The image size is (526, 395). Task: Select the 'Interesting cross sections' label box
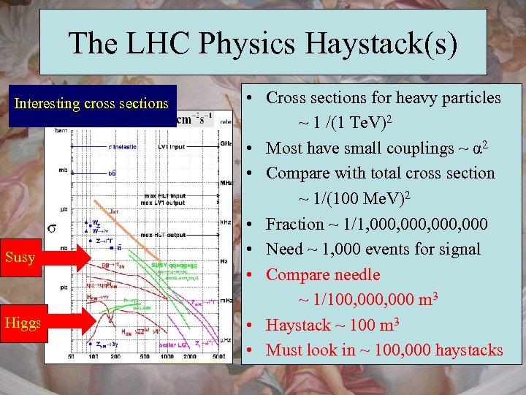point(92,104)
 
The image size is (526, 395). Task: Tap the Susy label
point(20,257)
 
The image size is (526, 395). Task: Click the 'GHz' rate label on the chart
point(226,144)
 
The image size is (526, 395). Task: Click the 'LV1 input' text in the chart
point(172,146)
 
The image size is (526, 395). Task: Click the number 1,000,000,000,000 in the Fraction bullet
point(417,224)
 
